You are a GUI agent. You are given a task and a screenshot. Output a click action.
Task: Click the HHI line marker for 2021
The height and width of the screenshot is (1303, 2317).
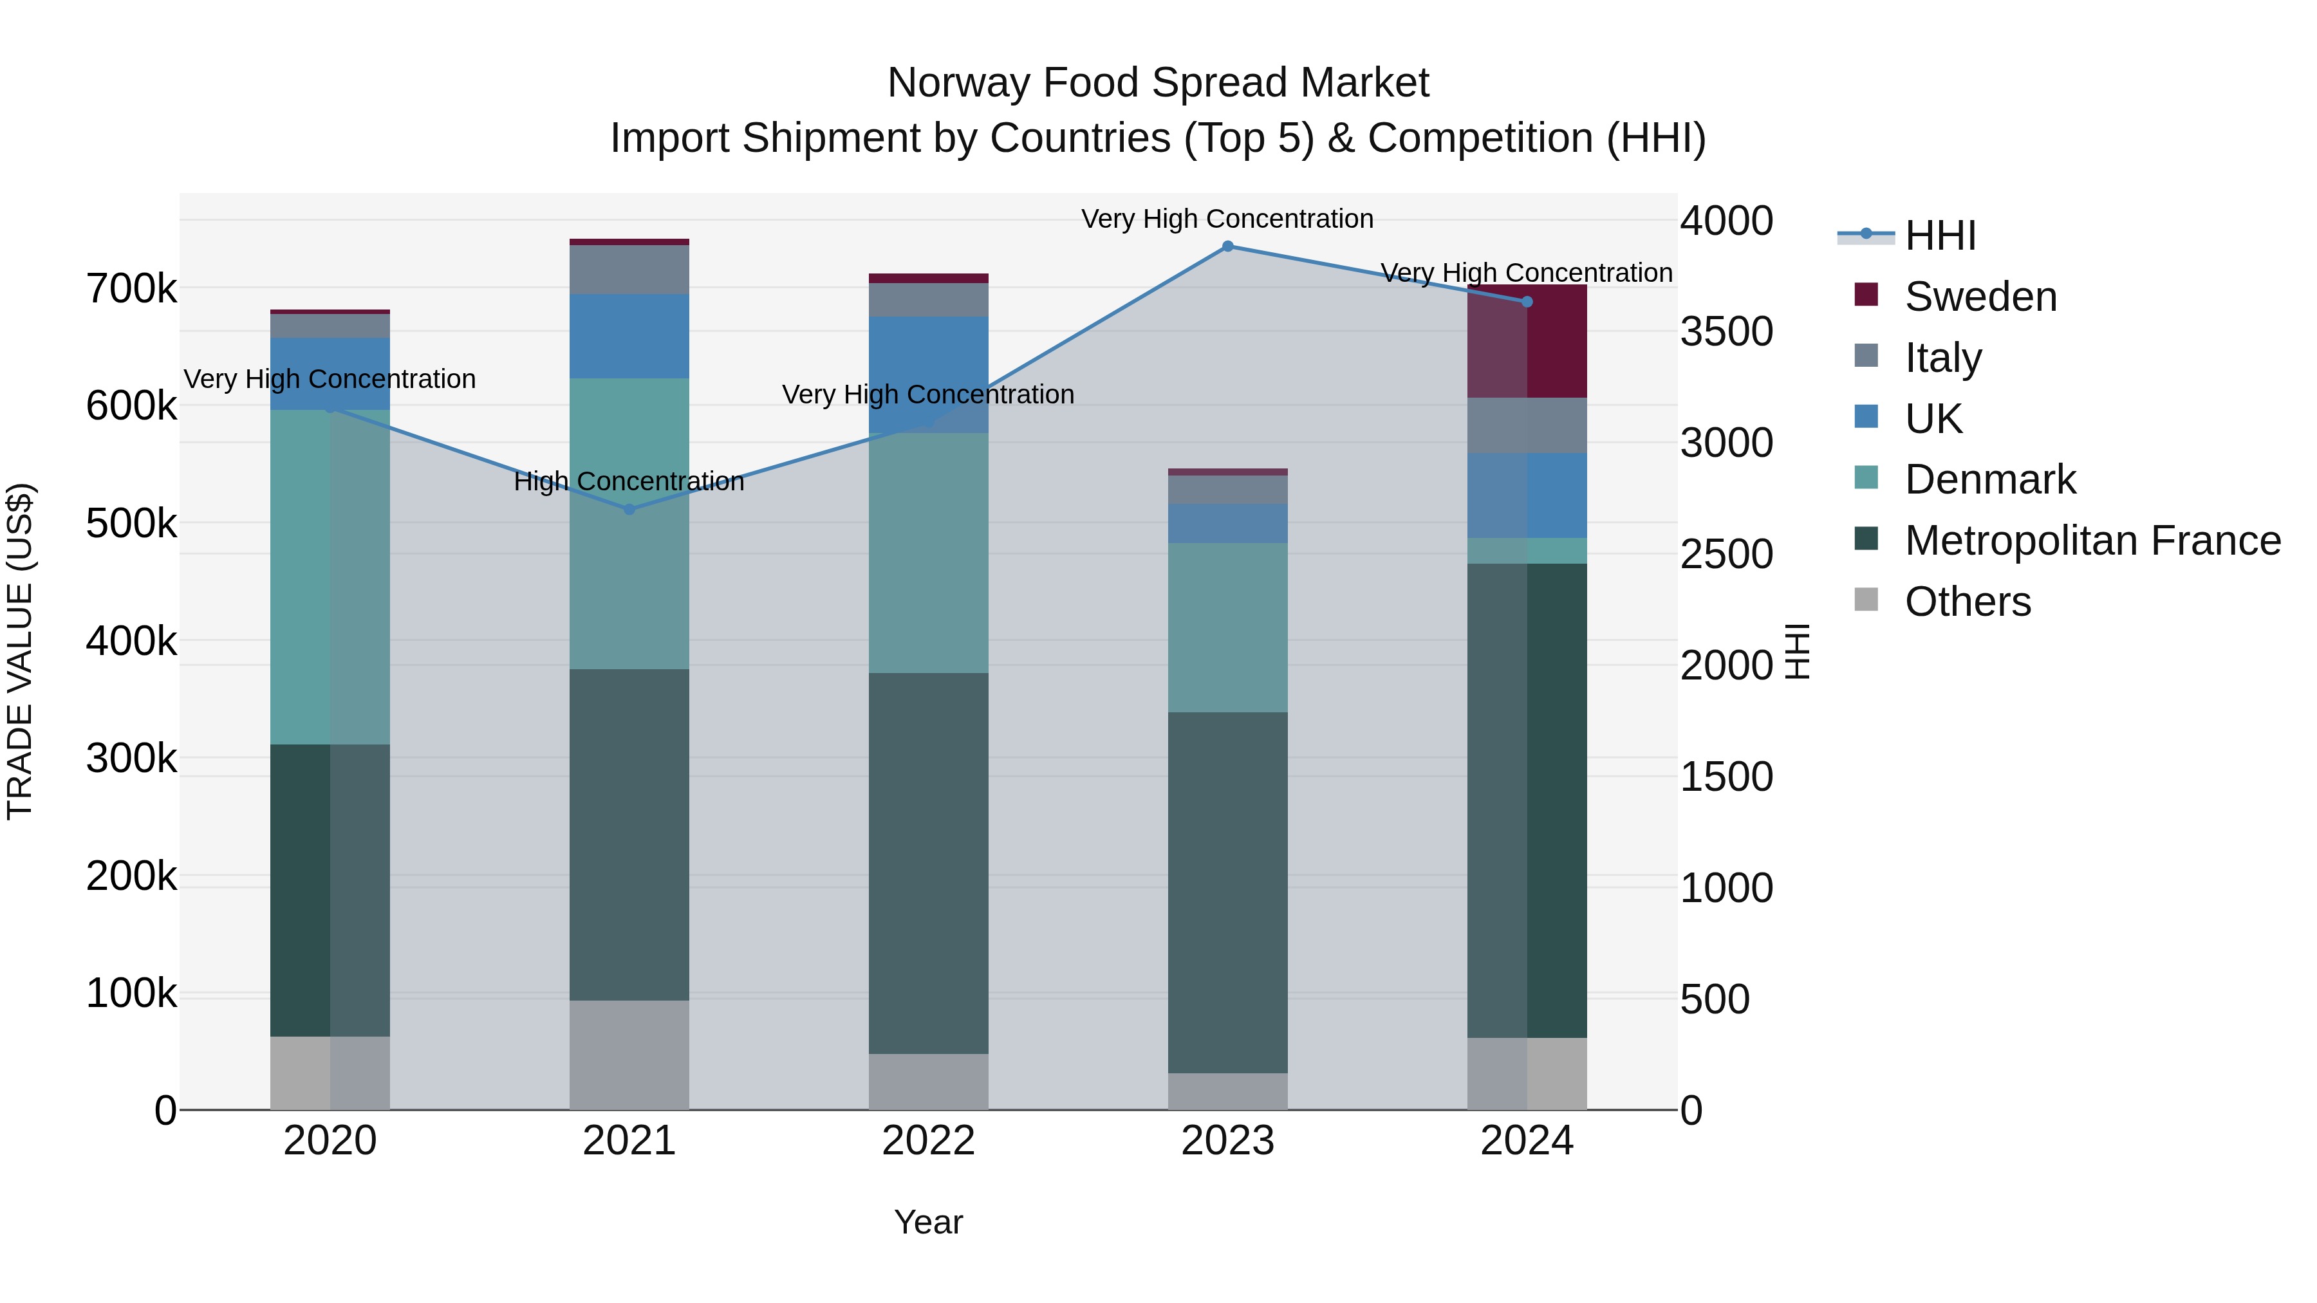click(629, 510)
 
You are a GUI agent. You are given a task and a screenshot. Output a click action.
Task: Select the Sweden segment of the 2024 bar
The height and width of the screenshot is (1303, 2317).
click(1527, 342)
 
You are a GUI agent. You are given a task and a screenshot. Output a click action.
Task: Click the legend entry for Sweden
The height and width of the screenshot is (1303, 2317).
click(1980, 297)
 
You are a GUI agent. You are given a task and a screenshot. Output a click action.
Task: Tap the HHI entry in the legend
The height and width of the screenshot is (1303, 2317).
click(1939, 236)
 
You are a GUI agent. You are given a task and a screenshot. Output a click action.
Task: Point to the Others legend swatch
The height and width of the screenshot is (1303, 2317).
click(1866, 600)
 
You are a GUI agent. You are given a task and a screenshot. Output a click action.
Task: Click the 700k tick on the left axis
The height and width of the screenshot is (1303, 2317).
click(131, 290)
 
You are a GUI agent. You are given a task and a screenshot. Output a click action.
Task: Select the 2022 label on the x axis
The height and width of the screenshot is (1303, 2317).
click(927, 1141)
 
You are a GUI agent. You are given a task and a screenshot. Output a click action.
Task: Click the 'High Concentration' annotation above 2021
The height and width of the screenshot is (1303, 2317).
click(629, 481)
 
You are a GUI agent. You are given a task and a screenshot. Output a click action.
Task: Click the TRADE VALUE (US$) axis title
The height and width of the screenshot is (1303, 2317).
click(20, 651)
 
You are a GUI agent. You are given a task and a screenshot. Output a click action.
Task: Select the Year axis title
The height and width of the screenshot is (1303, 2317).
click(927, 1222)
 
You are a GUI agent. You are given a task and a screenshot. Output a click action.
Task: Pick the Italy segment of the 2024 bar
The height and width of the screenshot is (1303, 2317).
click(1527, 425)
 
